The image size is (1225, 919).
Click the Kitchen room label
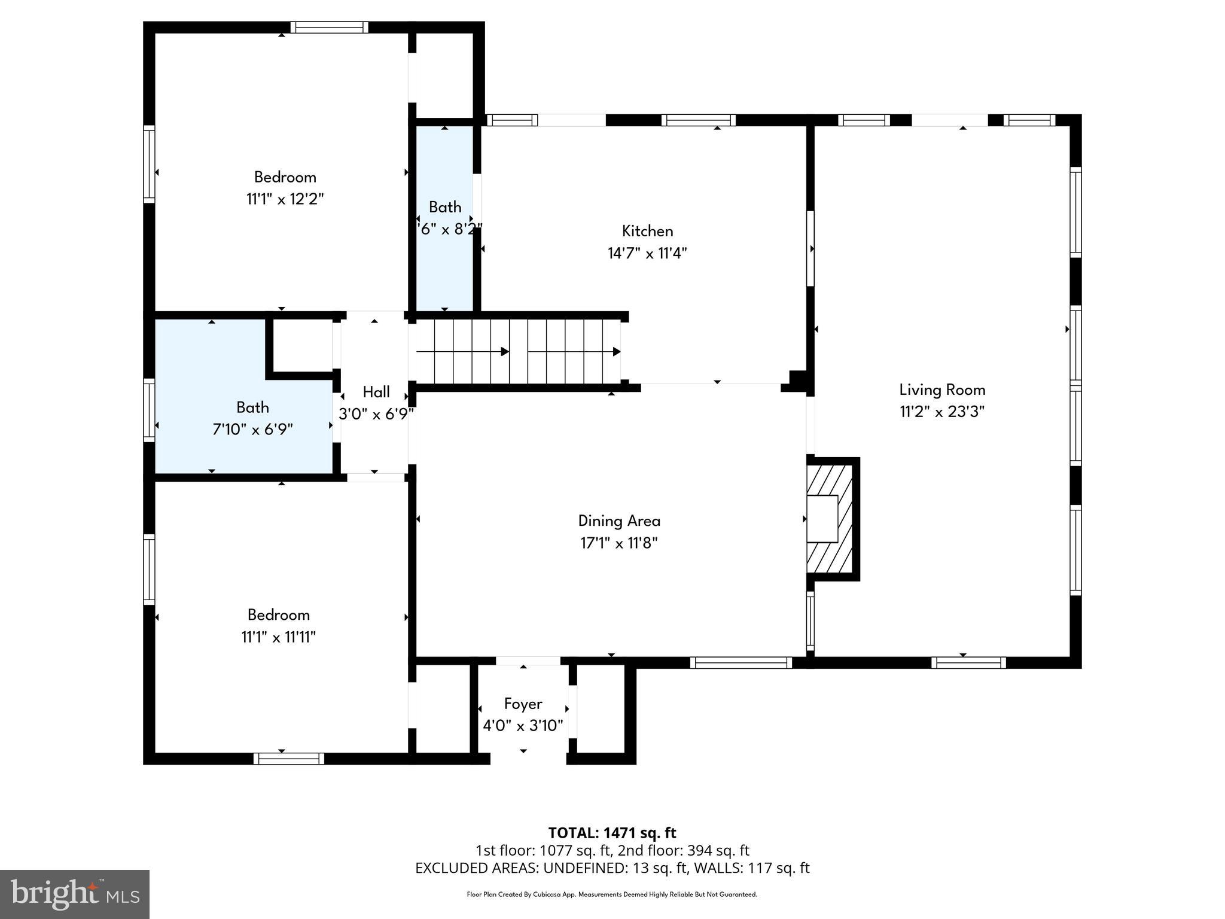click(647, 231)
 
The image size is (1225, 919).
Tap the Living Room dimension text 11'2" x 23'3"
click(942, 412)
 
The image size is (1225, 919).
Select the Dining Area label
click(619, 521)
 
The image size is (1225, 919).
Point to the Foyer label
click(523, 704)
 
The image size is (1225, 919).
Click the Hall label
click(376, 392)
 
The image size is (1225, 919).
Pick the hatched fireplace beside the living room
click(830, 519)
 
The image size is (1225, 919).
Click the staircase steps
click(518, 351)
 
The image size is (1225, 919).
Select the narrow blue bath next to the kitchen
click(444, 263)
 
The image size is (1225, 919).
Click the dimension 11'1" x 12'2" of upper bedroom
click(285, 199)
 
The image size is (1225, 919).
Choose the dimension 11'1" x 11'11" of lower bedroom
click(278, 637)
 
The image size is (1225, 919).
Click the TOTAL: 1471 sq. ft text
click(612, 833)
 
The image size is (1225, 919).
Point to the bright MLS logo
click(75, 894)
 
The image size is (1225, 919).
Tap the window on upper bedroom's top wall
click(329, 27)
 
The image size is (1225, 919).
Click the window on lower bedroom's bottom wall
click(289, 759)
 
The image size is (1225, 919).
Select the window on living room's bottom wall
click(968, 662)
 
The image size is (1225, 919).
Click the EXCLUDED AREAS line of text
click(612, 868)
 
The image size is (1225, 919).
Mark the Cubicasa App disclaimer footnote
click(612, 894)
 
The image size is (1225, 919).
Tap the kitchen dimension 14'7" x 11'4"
click(647, 253)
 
